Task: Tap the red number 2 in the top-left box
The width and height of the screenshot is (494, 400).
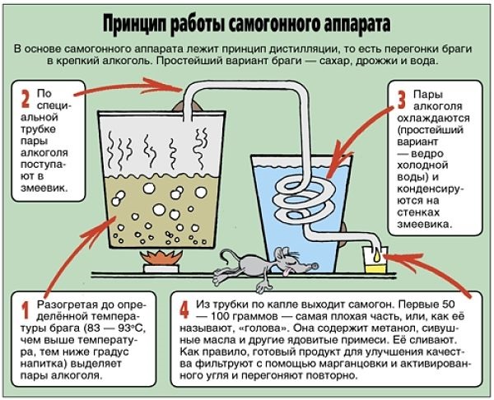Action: tap(26, 100)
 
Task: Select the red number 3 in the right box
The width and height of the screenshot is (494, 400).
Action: tap(401, 100)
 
